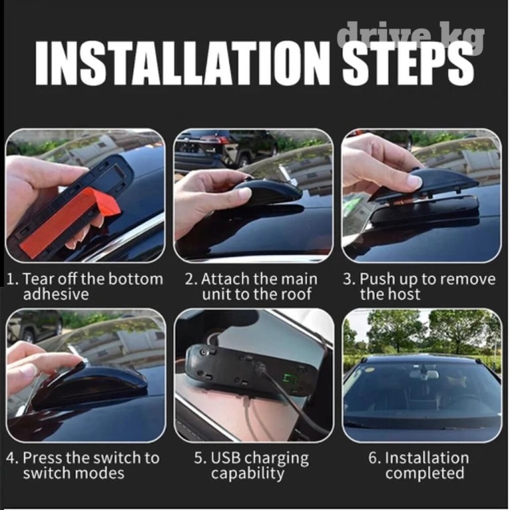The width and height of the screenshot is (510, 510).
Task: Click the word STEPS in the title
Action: click(x=409, y=62)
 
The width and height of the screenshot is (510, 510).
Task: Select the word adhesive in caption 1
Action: click(x=56, y=294)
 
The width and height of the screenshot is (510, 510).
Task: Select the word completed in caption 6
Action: click(x=425, y=473)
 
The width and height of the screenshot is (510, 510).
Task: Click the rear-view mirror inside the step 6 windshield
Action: click(x=424, y=375)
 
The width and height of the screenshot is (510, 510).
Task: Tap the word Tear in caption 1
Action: click(x=37, y=279)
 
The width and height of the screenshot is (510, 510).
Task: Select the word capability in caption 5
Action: click(x=248, y=474)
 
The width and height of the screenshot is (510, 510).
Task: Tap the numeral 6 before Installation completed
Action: click(x=373, y=458)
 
